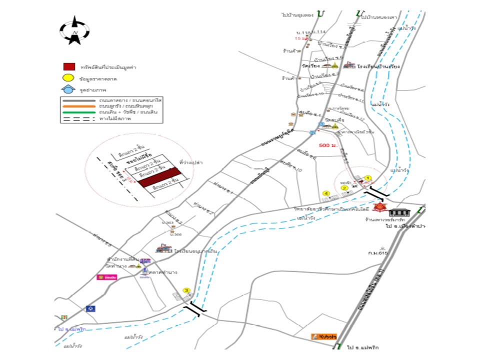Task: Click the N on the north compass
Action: [75, 33]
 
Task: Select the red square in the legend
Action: [69, 66]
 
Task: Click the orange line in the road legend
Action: [80, 106]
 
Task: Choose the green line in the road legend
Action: [80, 112]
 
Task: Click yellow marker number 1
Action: [367, 177]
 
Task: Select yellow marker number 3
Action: [186, 290]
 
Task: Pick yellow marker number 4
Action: [326, 193]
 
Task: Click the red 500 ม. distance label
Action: [327, 145]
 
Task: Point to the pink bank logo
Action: [106, 277]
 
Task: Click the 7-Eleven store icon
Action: [63, 317]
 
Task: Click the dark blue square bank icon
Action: [90, 308]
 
